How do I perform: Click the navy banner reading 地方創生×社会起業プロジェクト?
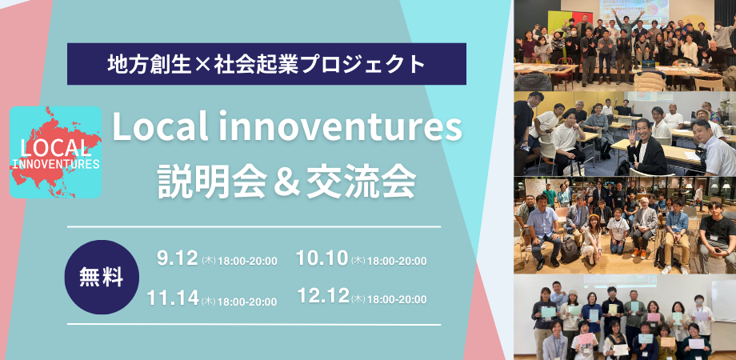click(266, 64)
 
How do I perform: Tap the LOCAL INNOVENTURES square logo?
click(56, 152)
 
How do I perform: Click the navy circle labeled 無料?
click(102, 277)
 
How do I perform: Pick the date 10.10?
click(322, 258)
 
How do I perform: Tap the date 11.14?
click(172, 298)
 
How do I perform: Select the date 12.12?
click(322, 297)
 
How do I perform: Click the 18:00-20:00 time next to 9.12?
click(247, 261)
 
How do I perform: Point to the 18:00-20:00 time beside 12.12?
click(396, 299)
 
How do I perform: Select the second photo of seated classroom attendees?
click(624, 133)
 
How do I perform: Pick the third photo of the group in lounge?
click(624, 225)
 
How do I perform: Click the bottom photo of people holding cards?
click(624, 318)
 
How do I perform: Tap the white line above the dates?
click(254, 227)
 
